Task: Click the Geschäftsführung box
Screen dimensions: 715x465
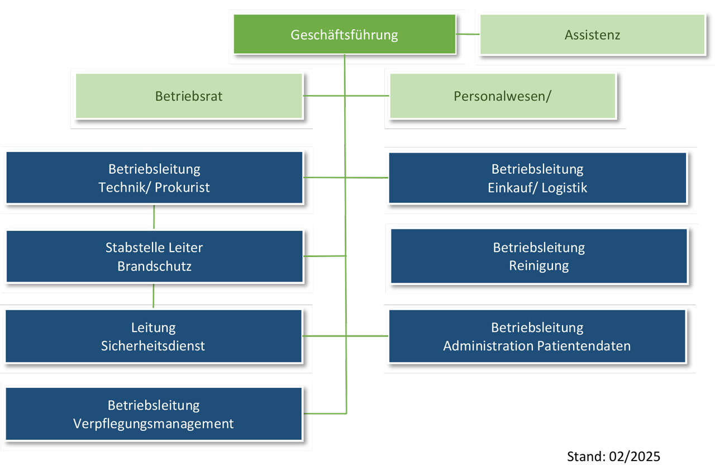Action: (x=345, y=34)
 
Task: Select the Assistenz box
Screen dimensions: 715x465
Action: (x=593, y=35)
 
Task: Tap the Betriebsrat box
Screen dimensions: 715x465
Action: (x=189, y=96)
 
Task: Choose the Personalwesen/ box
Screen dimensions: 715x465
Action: (x=503, y=96)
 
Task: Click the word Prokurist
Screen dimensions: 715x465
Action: (x=182, y=187)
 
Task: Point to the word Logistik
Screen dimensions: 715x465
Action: (x=564, y=188)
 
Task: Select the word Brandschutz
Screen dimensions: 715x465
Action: (x=155, y=266)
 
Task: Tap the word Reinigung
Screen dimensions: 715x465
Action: (x=539, y=265)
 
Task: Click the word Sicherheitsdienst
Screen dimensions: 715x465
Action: (x=153, y=346)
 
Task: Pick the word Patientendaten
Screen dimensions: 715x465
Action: (x=584, y=346)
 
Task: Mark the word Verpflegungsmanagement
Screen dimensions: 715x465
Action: (x=153, y=424)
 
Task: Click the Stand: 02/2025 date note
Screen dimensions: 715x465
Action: (x=613, y=456)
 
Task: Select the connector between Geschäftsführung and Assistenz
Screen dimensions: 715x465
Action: (x=468, y=34)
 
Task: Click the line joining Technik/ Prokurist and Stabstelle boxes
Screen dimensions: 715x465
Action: (x=154, y=217)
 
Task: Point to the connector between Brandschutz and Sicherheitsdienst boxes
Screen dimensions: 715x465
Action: (x=153, y=296)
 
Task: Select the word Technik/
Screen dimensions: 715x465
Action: (x=125, y=187)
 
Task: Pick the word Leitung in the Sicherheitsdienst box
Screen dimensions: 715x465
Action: (x=153, y=328)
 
